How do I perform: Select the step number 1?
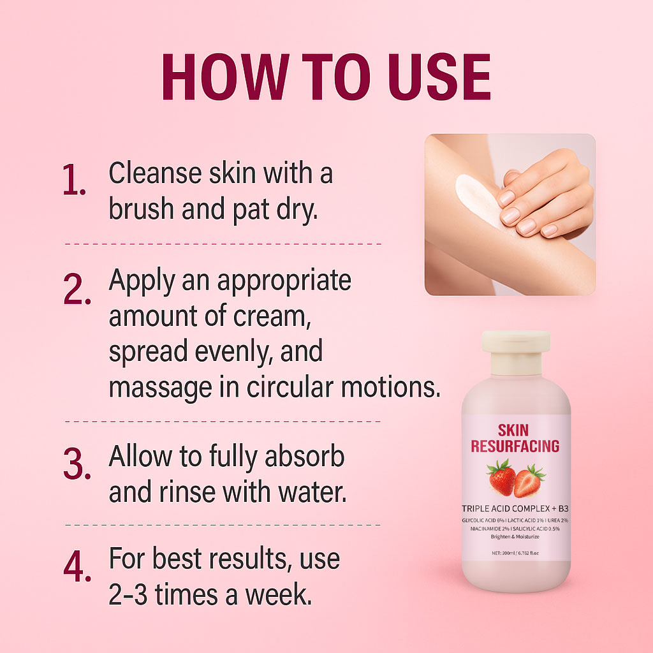(74, 180)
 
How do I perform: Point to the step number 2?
(77, 289)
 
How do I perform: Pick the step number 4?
(77, 566)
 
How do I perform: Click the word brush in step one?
(141, 209)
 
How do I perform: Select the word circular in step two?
(290, 387)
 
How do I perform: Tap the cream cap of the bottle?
(516, 353)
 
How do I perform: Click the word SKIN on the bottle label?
(513, 430)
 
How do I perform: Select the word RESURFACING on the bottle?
(515, 446)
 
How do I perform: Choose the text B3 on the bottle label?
(564, 508)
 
